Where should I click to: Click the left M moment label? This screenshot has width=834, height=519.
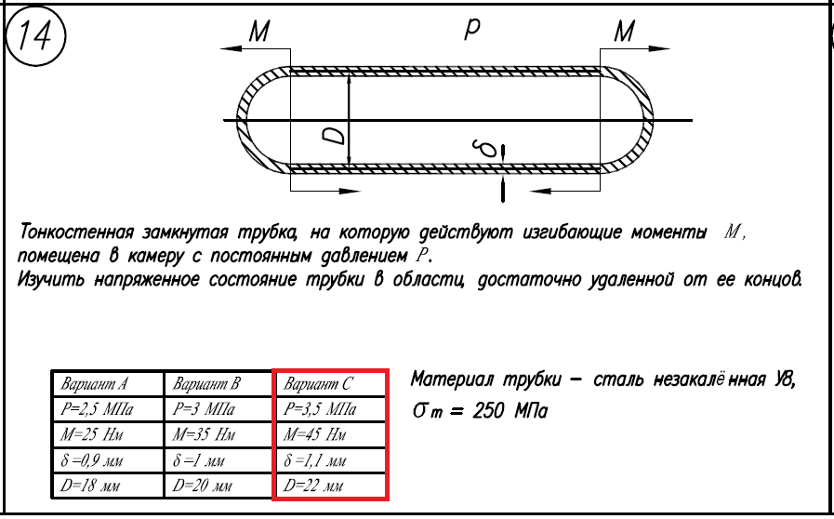click(x=258, y=32)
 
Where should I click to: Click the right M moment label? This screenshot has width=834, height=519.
click(x=624, y=32)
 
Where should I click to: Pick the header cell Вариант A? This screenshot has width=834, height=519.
click(x=94, y=384)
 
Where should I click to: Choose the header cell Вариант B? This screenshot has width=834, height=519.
click(x=206, y=384)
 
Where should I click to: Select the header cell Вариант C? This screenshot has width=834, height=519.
click(x=319, y=384)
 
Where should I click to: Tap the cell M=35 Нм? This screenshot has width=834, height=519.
click(x=205, y=434)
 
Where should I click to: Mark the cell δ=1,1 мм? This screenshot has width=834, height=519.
click(x=317, y=459)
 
